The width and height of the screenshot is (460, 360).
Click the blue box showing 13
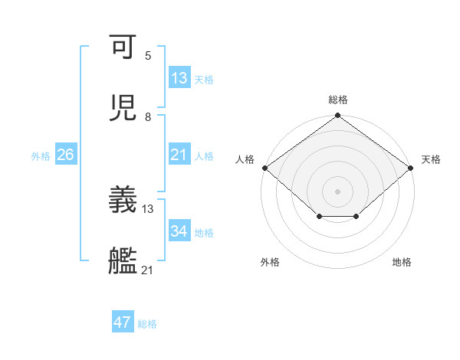179,78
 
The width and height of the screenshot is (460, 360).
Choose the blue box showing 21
179,155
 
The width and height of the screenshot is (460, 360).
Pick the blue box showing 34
179,232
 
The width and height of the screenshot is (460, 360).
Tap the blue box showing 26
65,155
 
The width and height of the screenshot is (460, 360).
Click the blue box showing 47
123,322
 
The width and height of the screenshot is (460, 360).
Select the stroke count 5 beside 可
148,56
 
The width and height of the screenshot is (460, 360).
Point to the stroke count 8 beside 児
148,117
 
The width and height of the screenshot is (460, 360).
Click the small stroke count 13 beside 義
148,208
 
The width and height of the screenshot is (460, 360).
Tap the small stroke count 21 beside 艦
148,270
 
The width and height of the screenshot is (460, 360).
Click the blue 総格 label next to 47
147,324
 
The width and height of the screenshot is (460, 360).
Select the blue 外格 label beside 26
41,156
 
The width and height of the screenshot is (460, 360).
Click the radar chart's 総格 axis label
338,100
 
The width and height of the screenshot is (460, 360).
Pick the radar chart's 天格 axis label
431,159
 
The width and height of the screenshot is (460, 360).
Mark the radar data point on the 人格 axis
265,168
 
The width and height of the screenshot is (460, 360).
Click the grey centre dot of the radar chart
338,191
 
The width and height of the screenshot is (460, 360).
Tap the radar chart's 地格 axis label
402,263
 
